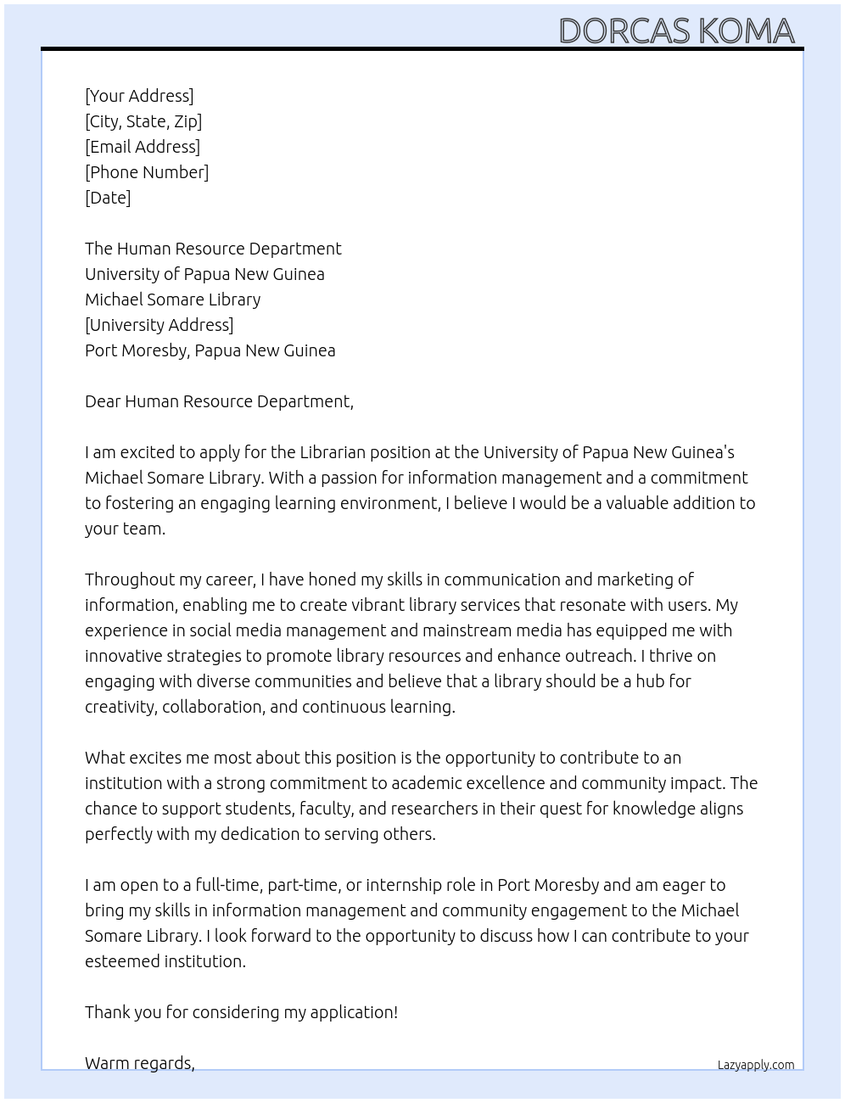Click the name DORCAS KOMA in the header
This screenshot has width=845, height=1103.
pyautogui.click(x=676, y=31)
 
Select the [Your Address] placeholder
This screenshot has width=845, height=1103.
pyautogui.click(x=139, y=96)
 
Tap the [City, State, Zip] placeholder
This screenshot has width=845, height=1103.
pyautogui.click(x=143, y=121)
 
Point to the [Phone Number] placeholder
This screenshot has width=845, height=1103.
pyautogui.click(x=147, y=172)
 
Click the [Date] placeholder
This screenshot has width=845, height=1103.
pyautogui.click(x=108, y=198)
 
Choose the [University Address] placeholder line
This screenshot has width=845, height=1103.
pyautogui.click(x=159, y=325)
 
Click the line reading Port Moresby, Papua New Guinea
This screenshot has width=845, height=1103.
pyautogui.click(x=210, y=350)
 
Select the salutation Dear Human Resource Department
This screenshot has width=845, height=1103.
pyautogui.click(x=219, y=401)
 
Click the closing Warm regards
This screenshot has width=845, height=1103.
pyautogui.click(x=139, y=1063)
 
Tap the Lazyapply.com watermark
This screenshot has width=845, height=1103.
pyautogui.click(x=755, y=1065)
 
